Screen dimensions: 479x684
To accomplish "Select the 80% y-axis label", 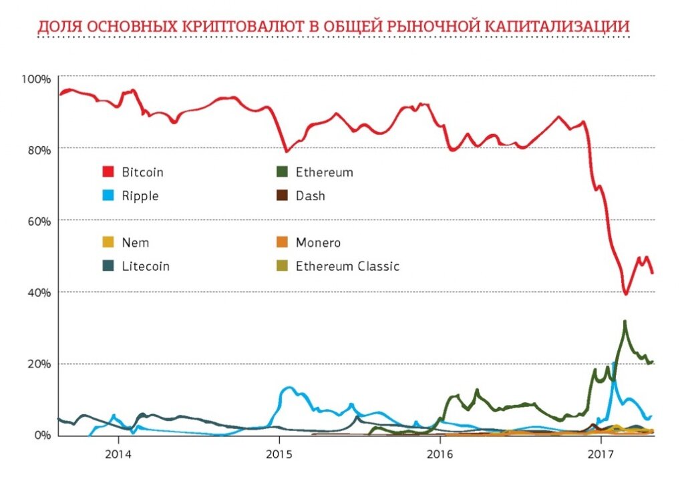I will [38, 150].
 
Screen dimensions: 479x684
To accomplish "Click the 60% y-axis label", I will [38, 221].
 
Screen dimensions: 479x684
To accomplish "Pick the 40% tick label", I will [38, 293].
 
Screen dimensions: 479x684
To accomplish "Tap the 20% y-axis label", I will [38, 364].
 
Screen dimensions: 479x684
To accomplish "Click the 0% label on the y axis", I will [41, 435].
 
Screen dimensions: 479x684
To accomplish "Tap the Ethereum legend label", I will [325, 172].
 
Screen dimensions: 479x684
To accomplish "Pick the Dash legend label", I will [311, 195].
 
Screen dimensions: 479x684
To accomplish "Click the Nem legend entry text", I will [136, 243].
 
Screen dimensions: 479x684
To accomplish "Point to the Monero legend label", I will [319, 243].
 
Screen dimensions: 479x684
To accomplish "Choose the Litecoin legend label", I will [146, 266].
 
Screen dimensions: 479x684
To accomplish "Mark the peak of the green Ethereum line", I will [625, 322].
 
